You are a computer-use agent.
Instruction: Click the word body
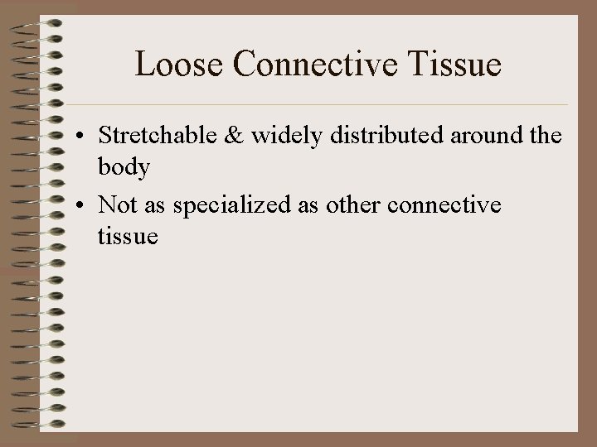(x=123, y=168)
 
